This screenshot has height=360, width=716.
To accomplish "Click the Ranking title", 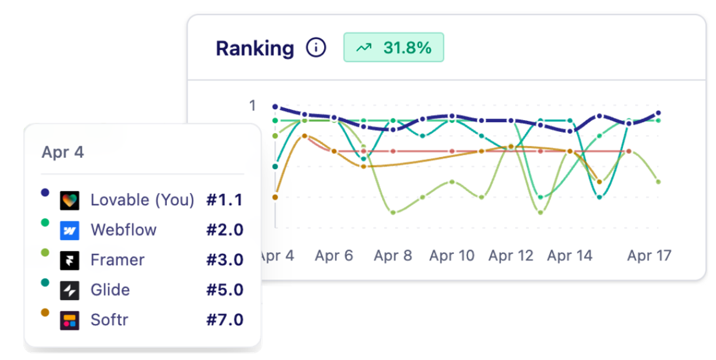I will pos(255,49).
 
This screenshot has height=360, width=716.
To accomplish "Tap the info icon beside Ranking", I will pos(316,48).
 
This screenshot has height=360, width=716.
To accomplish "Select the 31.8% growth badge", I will pos(393,48).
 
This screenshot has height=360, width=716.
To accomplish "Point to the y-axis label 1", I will pos(252,106).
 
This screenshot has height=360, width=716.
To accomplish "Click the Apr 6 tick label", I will pos(334,256).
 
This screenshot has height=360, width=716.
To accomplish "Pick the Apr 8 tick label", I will pos(393,256).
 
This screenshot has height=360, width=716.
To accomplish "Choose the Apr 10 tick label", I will pos(452,256).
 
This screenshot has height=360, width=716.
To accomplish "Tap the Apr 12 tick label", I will pos(511,256).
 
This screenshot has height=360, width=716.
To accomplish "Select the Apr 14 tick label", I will pos(570,256).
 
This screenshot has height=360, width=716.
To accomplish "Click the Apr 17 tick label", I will pos(649,256).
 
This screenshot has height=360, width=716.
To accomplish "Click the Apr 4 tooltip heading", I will pos(62,152).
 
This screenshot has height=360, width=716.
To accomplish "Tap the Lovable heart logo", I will pos(70,200).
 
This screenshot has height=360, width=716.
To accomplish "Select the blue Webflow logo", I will pos(70,231).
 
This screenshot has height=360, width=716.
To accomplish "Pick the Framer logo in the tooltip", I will pos(70,260).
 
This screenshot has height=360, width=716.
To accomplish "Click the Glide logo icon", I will pos(70,290).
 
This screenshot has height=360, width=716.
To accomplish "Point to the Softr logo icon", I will pos(70,321).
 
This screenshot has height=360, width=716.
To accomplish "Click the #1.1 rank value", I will pos(225,200).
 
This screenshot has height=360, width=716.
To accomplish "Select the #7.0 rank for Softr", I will pos(225,320).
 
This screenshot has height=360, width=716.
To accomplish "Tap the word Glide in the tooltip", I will pos(110,290).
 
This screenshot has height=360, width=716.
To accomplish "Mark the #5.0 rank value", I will pos(225,290).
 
